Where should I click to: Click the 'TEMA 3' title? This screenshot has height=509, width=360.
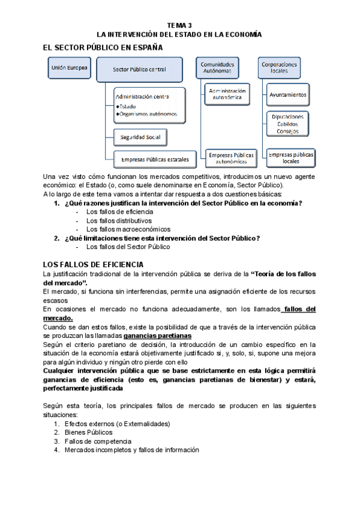[x=180, y=25]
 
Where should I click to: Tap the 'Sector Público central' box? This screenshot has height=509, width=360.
[x=139, y=69]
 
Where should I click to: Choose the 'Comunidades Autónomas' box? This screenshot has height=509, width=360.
[x=218, y=67]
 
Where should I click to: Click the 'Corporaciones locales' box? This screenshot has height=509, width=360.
[x=279, y=67]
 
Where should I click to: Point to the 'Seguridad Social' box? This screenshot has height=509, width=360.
[x=140, y=137]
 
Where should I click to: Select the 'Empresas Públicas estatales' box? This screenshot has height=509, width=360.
[x=155, y=159]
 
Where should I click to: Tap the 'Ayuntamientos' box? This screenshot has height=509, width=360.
[x=288, y=95]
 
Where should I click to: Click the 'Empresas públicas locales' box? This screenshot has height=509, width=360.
[x=291, y=158]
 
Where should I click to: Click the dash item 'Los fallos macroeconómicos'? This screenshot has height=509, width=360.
[x=128, y=229]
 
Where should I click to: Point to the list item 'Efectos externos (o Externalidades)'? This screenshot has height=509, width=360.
[x=118, y=423]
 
